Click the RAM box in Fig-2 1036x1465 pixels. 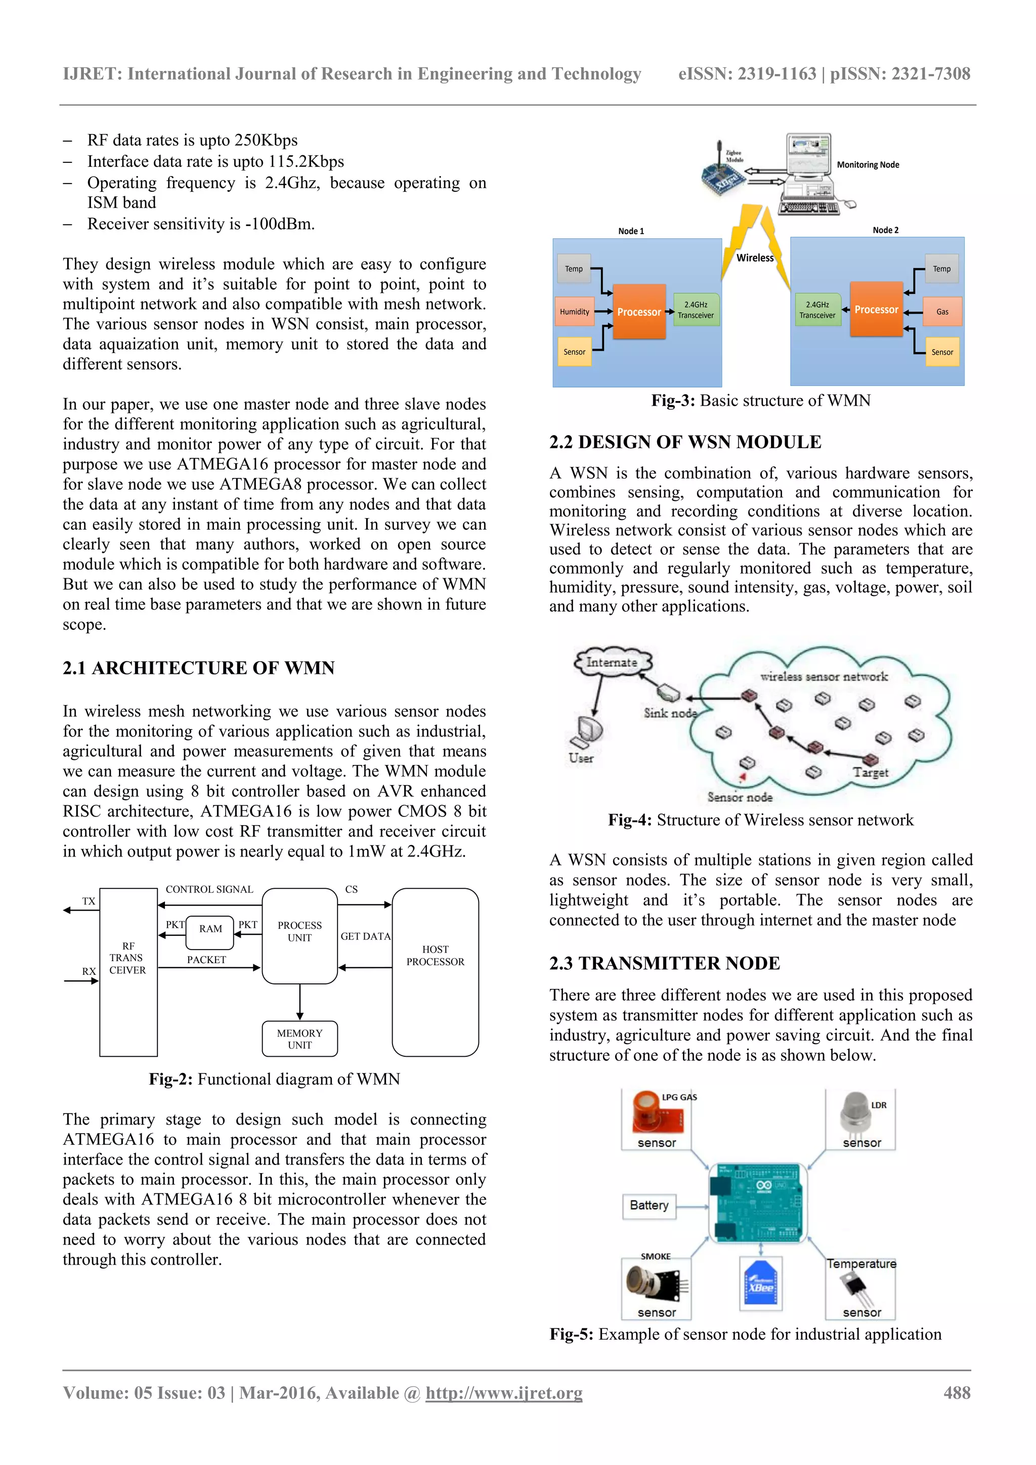coord(210,929)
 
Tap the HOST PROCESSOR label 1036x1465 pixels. coord(435,955)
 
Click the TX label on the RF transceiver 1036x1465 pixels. coord(89,901)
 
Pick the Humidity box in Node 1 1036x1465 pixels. coord(575,312)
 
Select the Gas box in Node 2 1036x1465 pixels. coord(942,312)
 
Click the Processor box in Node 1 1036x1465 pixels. coord(639,312)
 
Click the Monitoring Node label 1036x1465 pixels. coord(868,164)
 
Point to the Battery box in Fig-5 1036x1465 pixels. coord(649,1205)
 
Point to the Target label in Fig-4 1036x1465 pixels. coord(871,772)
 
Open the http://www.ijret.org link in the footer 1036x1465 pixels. coord(504,1393)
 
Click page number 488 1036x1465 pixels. coord(957,1393)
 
